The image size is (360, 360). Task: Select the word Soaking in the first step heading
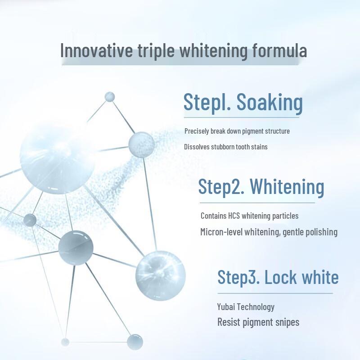[270, 103]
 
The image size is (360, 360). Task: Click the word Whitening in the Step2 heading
[287, 186]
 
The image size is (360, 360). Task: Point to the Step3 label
[238, 277]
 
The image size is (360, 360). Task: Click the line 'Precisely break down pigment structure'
[237, 131]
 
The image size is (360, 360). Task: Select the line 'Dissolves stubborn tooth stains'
[226, 147]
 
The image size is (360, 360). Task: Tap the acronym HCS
[231, 216]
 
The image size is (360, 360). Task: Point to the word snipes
[287, 322]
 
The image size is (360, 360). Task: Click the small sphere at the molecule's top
[109, 97]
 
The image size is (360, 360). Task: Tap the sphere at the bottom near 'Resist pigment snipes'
[135, 342]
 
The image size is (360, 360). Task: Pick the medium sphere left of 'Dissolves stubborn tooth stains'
[141, 144]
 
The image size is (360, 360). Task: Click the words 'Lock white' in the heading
[301, 277]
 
